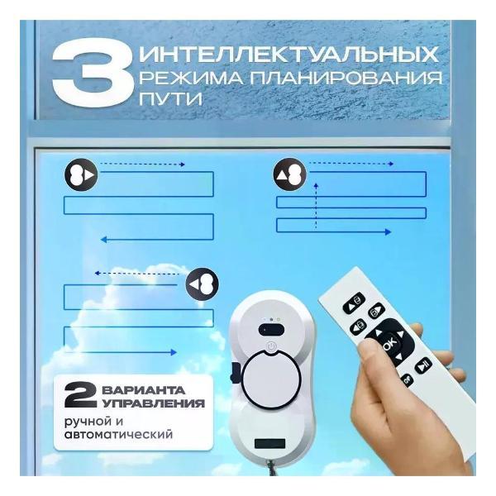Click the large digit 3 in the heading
[x=92, y=74]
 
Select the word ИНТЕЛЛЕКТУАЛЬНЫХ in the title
[x=289, y=54]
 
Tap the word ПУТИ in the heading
[x=170, y=98]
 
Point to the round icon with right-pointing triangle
[x=81, y=175]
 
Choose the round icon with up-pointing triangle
[x=290, y=175]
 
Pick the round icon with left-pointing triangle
[x=203, y=284]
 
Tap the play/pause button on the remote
[x=423, y=366]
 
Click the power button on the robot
[x=271, y=347]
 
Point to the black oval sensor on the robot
[x=271, y=330]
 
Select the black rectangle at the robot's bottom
[x=269, y=443]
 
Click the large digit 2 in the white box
[x=80, y=395]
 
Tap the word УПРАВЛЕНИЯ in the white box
[x=154, y=403]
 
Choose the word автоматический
[x=118, y=434]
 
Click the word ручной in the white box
[x=88, y=422]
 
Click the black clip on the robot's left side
[x=236, y=373]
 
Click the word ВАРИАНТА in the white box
[x=143, y=389]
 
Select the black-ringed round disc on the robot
[x=271, y=379]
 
